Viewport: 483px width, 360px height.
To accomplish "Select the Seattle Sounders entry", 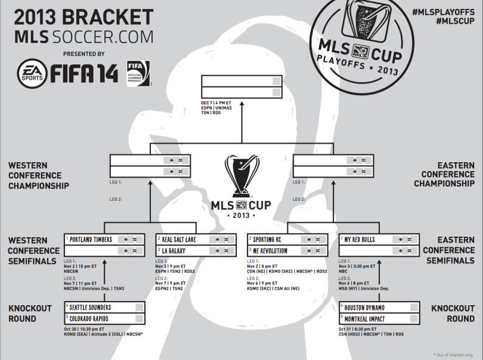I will point(91,308).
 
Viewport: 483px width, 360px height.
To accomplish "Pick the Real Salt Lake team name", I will point(179,240).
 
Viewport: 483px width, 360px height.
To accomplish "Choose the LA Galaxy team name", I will point(174,251).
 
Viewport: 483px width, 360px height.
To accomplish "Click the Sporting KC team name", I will point(272,240).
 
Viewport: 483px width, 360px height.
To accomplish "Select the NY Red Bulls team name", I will point(360,240).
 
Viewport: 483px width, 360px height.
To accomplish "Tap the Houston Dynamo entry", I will point(364,308).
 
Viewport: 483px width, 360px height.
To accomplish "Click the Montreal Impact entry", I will point(366,318).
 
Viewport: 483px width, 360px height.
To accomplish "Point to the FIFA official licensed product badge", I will point(138,74).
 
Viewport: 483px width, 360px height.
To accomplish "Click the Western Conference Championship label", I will point(39,175).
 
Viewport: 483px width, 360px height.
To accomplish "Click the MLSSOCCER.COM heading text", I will point(83,37).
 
